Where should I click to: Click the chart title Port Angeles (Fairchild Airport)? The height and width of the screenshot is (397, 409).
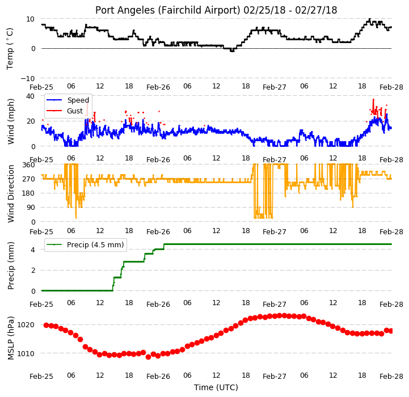click(168, 10)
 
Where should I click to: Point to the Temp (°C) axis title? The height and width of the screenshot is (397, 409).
click(10, 49)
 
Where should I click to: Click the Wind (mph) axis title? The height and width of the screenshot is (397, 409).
click(10, 121)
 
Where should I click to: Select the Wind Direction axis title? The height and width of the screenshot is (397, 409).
click(10, 193)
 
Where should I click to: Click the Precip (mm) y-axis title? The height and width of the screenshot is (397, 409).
click(10, 265)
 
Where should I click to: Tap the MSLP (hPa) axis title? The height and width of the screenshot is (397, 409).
click(10, 338)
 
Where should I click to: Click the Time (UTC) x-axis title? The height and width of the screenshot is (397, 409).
click(216, 387)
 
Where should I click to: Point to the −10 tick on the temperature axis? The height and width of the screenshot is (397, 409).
click(27, 78)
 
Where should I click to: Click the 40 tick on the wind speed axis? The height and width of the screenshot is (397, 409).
click(30, 96)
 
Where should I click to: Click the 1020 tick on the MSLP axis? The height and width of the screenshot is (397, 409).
click(26, 325)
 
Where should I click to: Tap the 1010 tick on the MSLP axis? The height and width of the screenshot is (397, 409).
click(26, 353)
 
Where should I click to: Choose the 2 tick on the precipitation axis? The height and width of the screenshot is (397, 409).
click(33, 270)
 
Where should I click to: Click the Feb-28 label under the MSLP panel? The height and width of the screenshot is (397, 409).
click(391, 377)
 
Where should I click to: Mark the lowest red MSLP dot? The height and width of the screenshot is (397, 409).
click(148, 357)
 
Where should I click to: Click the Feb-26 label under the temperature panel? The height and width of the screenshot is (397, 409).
click(158, 87)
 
